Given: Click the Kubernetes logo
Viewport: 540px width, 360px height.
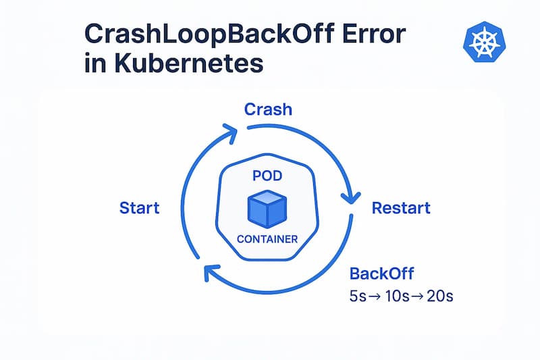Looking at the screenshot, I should click(x=483, y=41).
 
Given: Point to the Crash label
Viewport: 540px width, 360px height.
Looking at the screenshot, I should click(x=268, y=109).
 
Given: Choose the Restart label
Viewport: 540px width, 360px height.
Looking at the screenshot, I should click(x=401, y=207).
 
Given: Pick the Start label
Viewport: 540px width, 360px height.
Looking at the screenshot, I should click(x=139, y=207).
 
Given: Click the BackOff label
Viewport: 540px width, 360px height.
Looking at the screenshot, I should click(x=381, y=274).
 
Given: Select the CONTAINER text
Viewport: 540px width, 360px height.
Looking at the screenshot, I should click(x=269, y=238).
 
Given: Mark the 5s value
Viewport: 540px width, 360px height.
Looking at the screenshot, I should click(x=360, y=297).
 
